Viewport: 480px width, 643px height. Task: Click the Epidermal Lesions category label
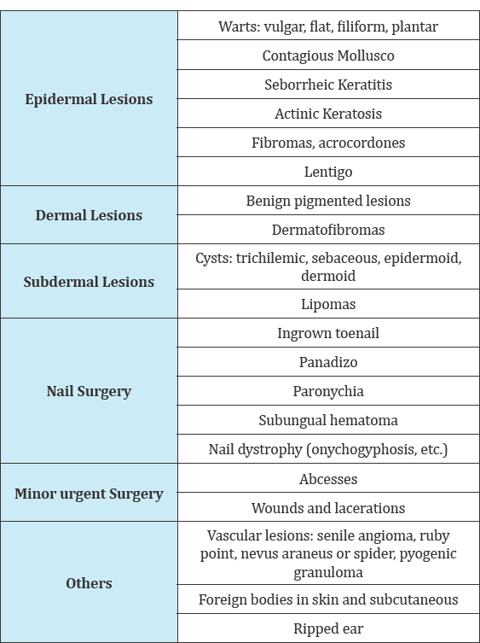point(89,99)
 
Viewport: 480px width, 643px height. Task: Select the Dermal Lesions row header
point(89,215)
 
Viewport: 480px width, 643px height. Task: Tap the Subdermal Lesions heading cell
point(89,282)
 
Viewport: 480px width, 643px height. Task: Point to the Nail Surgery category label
point(89,391)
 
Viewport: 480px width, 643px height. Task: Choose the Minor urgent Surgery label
point(89,494)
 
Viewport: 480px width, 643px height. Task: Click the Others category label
point(89,583)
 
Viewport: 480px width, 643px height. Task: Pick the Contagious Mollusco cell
point(328,56)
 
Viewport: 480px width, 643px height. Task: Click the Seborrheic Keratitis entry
point(328,85)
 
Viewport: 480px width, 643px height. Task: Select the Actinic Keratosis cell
point(328,114)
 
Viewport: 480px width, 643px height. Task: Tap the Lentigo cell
point(328,172)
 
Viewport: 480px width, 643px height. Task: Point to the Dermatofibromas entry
point(328,230)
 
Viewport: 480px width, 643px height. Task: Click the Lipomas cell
point(328,304)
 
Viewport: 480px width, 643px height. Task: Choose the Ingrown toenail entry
point(328,333)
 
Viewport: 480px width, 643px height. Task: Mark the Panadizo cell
point(328,363)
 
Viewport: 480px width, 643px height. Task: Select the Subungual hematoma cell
point(328,420)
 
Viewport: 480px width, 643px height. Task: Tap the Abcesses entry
point(328,479)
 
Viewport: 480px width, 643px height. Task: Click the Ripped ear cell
point(328,628)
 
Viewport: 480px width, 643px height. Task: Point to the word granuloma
point(328,572)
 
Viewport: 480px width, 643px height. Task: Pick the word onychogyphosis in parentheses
point(362,450)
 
